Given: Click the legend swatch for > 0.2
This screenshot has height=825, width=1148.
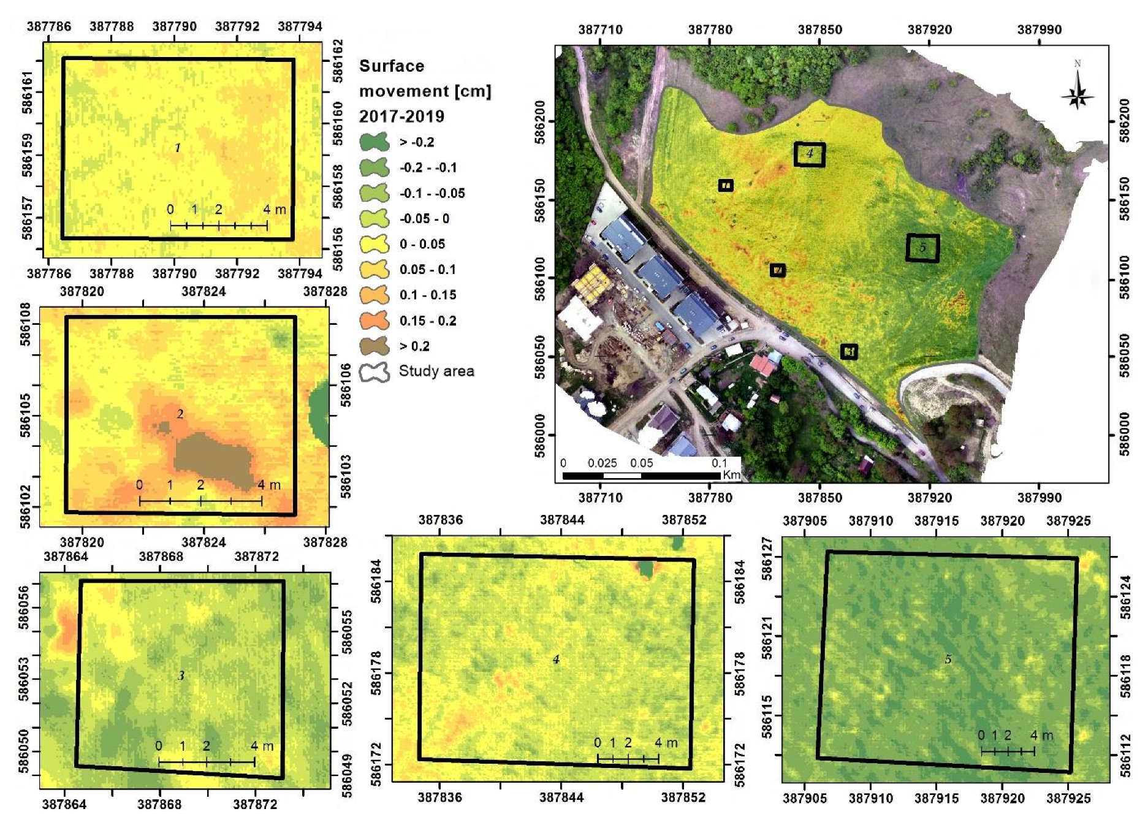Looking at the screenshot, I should click(374, 346).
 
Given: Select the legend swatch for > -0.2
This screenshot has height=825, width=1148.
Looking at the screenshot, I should click(374, 142).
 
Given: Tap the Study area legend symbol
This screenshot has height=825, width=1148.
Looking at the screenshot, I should click(374, 371).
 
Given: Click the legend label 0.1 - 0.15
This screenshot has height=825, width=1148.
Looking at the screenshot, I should click(428, 295).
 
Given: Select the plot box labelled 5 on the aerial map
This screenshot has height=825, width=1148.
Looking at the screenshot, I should click(922, 248).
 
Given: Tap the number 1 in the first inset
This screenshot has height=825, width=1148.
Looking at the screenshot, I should click(178, 148).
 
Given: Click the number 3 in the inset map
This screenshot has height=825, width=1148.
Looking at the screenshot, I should click(181, 675).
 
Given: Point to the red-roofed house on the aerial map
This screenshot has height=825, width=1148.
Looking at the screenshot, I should click(763, 366).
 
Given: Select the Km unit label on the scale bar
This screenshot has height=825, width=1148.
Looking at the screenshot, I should click(731, 474).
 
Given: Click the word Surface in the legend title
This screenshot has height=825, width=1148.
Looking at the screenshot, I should click(391, 66).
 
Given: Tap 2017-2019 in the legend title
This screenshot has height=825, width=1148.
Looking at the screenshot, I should click(401, 116).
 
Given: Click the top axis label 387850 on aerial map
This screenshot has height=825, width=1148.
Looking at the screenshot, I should click(819, 29).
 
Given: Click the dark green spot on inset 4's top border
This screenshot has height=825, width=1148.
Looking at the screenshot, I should click(646, 568).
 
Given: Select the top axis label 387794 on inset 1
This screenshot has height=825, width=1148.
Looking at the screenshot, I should click(300, 26).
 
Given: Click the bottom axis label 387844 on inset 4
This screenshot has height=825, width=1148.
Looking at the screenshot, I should click(561, 797).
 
